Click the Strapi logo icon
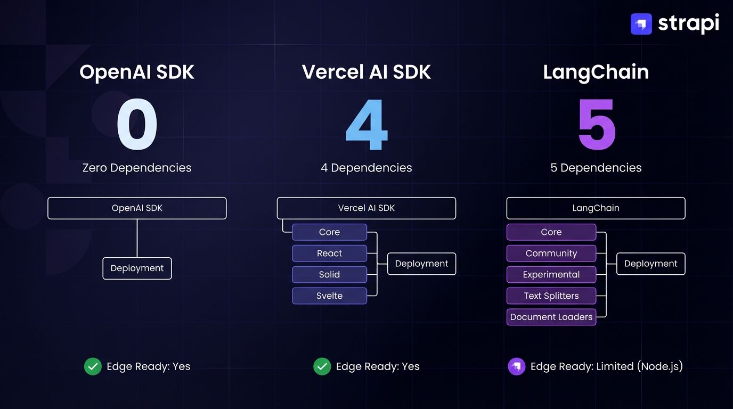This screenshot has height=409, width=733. point(641,24)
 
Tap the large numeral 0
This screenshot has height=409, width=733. point(137,126)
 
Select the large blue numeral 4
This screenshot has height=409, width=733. point(366,126)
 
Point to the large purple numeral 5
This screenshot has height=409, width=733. point(596,126)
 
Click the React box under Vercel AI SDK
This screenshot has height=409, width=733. point(329,253)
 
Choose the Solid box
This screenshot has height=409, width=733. point(329,275)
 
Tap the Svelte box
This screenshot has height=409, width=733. point(329,296)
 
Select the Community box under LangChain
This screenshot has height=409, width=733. point(551,253)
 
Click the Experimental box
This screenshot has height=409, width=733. point(551,275)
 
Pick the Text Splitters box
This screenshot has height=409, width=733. point(551,296)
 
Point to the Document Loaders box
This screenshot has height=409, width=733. point(551,317)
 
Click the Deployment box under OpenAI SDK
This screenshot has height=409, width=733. point(137,268)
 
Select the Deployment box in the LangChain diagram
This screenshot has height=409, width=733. point(650,264)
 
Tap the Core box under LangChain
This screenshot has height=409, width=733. point(551,232)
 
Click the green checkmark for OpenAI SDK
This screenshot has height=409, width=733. point(93,366)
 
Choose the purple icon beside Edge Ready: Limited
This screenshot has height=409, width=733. point(516,366)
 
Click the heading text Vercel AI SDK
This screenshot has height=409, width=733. point(366,72)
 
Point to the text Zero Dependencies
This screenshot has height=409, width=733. point(137,168)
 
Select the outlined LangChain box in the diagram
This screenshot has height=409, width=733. point(596,208)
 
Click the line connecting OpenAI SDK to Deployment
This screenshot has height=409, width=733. point(137,239)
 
